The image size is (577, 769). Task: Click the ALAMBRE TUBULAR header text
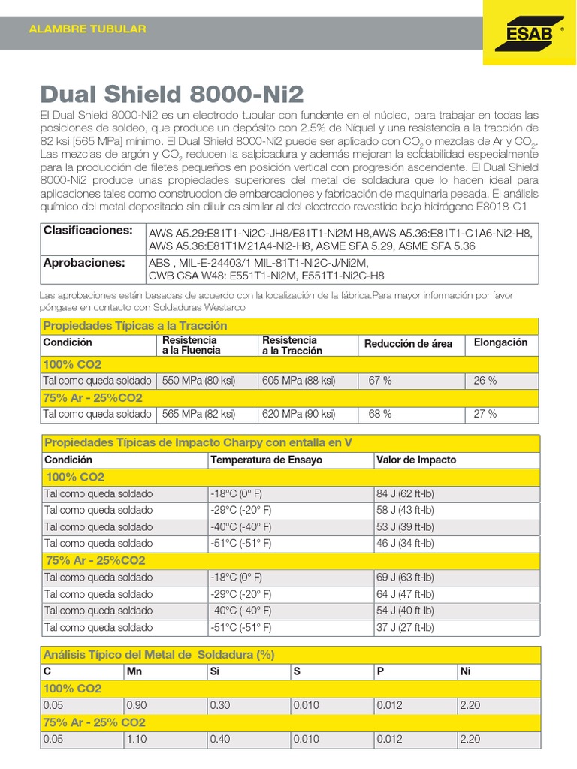tap(87, 29)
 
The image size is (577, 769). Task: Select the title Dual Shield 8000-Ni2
tap(171, 94)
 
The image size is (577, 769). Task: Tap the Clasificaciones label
tap(88, 230)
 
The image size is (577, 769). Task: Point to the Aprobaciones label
tap(84, 263)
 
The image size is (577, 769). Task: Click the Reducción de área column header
tap(408, 344)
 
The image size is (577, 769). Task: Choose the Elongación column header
tap(500, 342)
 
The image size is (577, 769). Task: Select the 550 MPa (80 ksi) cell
tap(198, 381)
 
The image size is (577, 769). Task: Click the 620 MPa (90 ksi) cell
tap(299, 414)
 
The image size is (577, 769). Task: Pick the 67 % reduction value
tap(380, 381)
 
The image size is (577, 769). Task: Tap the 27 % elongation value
tap(485, 414)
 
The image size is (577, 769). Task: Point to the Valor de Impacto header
tap(416, 460)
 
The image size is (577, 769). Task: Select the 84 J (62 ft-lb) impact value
tap(405, 493)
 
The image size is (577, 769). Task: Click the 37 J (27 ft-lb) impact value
tap(405, 627)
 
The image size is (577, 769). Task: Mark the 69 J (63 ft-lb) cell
tap(405, 578)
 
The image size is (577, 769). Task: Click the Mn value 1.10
tap(138, 739)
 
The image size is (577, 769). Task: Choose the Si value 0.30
tap(221, 705)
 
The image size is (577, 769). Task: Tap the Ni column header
tap(464, 671)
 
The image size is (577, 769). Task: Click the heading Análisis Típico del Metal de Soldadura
tap(159, 655)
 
